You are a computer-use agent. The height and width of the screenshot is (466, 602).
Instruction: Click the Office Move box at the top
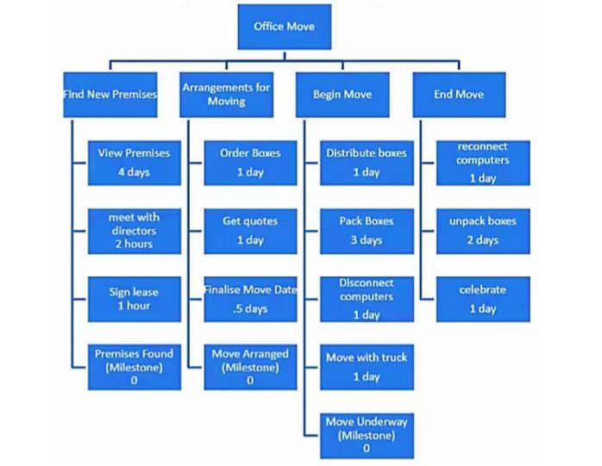[284, 28]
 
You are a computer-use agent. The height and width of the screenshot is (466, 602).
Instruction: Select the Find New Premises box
[110, 95]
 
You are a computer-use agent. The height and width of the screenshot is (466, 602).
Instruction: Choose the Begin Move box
[342, 95]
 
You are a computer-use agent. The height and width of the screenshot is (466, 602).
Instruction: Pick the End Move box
[459, 95]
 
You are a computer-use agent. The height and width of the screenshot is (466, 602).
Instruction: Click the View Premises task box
[133, 162]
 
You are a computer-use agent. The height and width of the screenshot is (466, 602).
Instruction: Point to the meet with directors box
[133, 228]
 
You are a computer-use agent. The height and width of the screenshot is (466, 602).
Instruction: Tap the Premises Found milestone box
[133, 365]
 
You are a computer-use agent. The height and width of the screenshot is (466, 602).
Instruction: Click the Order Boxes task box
[250, 162]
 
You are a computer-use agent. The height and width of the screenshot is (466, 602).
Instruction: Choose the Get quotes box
[250, 229]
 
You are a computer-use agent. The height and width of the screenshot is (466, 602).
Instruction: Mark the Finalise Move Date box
[250, 297]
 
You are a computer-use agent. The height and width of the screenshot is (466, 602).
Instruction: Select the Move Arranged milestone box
[250, 365]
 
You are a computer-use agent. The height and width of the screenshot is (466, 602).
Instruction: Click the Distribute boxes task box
[366, 162]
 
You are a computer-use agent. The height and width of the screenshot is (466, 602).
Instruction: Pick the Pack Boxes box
[366, 229]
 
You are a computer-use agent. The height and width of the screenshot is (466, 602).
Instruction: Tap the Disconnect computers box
[366, 298]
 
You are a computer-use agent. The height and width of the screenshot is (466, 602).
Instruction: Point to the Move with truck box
[366, 365]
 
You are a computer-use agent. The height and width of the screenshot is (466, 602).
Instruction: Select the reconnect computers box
[482, 162]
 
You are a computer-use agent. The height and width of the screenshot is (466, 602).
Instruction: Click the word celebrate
[482, 289]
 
